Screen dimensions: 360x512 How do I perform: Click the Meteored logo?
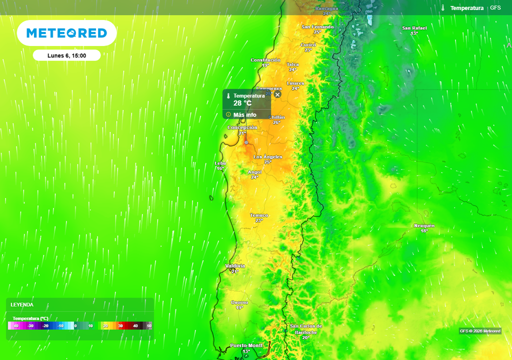66,33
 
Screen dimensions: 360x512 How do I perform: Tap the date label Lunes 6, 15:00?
66,55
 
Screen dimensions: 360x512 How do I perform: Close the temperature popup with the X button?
277,94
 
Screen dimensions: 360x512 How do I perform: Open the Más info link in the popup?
244,114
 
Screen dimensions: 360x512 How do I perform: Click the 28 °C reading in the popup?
242,103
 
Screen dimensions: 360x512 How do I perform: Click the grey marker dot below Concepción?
246,142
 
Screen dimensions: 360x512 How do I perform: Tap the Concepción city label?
242,127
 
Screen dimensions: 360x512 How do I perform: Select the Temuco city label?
259,215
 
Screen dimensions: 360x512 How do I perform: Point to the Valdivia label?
235,265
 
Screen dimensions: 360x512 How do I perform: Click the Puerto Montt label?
246,345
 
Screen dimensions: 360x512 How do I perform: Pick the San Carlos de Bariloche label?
306,329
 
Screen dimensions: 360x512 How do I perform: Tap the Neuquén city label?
424,225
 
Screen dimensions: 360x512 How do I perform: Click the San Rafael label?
414,28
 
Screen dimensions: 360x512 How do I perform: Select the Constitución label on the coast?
265,60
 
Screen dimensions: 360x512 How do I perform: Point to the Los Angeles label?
267,157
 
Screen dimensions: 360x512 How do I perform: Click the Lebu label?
220,163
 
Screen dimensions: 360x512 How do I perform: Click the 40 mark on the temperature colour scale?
135,325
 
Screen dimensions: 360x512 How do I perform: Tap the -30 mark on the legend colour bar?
30,325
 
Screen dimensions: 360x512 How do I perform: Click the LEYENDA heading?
22,304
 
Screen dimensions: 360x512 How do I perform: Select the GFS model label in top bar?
495,8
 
